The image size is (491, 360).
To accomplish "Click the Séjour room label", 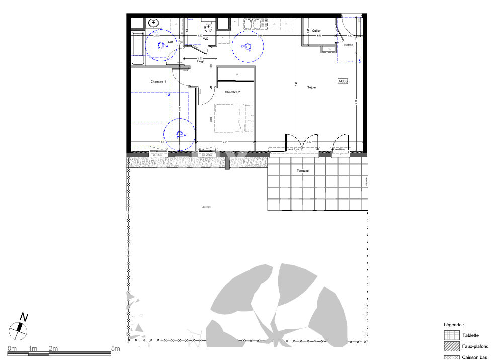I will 311,88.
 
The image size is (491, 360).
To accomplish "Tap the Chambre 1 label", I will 158,81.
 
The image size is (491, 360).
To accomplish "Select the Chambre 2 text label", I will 232,92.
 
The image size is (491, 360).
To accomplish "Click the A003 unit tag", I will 343,81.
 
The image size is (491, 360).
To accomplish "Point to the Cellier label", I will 317,31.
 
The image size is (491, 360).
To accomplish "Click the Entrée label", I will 348,45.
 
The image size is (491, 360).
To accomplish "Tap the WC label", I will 206,38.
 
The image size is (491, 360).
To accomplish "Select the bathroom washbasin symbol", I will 153,23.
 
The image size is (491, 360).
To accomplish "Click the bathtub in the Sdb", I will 137,48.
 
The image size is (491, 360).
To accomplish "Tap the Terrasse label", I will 302,171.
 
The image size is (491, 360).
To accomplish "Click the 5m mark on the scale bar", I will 115,349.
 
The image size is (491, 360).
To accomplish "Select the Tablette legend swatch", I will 451,335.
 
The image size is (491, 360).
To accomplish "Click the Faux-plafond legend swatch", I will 451,346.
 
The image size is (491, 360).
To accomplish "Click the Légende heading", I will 454,325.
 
